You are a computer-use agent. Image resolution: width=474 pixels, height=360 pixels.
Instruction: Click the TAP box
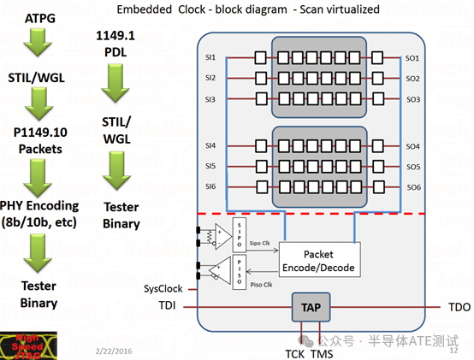pyautogui.click(x=310, y=304)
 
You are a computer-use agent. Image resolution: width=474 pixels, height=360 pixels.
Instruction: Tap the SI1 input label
pyautogui.click(x=210, y=58)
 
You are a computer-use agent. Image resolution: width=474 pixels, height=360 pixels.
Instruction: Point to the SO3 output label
pyautogui.click(x=412, y=99)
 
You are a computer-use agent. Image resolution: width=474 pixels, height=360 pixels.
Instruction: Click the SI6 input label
pyautogui.click(x=210, y=187)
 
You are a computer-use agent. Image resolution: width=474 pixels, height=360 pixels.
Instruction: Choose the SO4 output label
pyautogui.click(x=412, y=146)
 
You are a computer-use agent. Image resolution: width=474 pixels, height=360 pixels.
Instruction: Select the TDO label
pyautogui.click(x=460, y=305)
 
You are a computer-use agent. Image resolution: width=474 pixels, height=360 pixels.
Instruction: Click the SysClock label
pyautogui.click(x=163, y=289)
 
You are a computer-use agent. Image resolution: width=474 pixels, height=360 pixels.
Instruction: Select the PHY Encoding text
pyautogui.click(x=40, y=212)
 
